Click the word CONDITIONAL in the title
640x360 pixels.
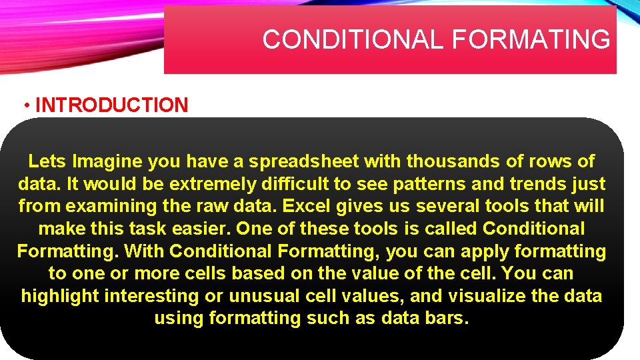tap(354, 40)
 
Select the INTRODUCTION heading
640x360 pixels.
tap(111, 105)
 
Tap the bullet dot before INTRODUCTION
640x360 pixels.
tap(26, 105)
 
